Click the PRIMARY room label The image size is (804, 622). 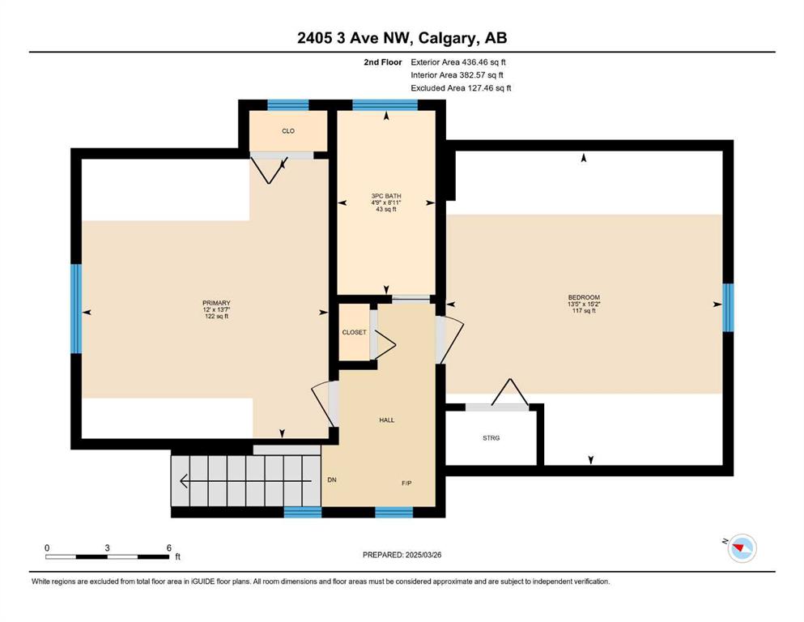(x=216, y=303)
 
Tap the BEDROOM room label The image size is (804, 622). (x=584, y=297)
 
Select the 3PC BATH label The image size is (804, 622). (x=386, y=196)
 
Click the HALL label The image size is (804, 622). (x=387, y=420)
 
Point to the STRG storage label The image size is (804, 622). (x=491, y=438)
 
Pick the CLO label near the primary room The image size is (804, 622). (x=288, y=130)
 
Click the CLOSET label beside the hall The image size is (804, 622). (x=355, y=332)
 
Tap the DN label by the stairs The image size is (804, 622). (x=332, y=480)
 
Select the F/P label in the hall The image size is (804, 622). (x=406, y=483)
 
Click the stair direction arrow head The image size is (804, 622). (x=183, y=481)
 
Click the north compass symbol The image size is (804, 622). (x=742, y=548)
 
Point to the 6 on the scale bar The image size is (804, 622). (x=168, y=547)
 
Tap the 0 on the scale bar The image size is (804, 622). (x=47, y=547)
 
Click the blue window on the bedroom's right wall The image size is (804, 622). (x=728, y=307)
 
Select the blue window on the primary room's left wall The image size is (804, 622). (x=76, y=309)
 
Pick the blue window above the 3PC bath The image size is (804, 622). (x=385, y=105)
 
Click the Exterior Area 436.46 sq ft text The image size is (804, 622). (x=458, y=62)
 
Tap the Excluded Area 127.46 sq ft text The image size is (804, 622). (x=461, y=87)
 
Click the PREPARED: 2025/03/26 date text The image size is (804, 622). (x=402, y=555)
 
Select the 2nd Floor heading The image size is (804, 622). (x=383, y=62)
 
